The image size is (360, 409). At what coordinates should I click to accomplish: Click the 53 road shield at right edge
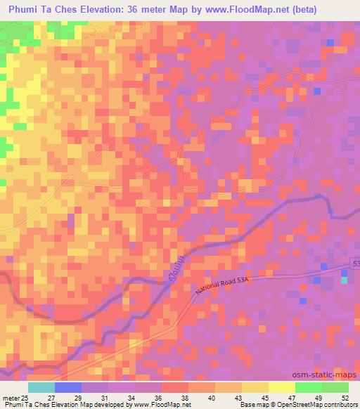click(355, 262)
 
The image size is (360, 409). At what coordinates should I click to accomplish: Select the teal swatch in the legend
click(41, 387)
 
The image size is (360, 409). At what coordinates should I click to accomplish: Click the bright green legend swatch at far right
click(335, 387)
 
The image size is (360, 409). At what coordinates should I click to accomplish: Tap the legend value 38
click(185, 398)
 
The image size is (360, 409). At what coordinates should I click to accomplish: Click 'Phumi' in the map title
click(23, 9)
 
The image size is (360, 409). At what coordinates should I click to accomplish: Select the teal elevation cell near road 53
click(344, 280)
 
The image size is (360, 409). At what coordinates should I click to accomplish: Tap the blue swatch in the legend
click(67, 387)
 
